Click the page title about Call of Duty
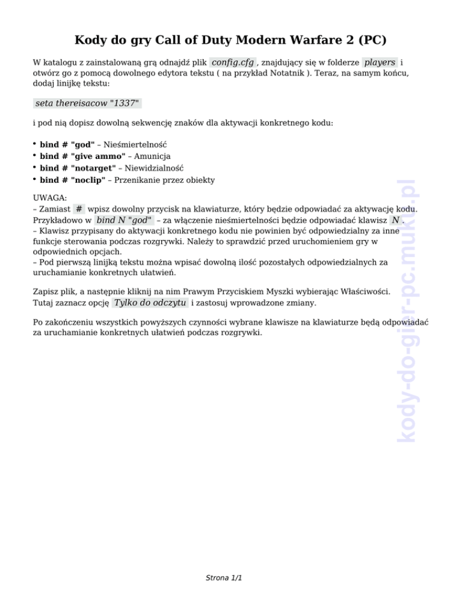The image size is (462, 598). click(230, 40)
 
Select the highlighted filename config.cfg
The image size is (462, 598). click(233, 63)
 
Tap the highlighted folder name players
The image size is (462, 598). click(380, 63)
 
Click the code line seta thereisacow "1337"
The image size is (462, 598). click(88, 103)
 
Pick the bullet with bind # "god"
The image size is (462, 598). click(67, 145)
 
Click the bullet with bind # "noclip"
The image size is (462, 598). click(73, 180)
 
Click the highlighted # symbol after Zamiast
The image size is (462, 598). click(79, 209)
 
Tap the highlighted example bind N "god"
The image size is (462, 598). click(125, 221)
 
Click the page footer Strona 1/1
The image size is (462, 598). click(223, 578)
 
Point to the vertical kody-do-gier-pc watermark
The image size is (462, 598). click(408, 312)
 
